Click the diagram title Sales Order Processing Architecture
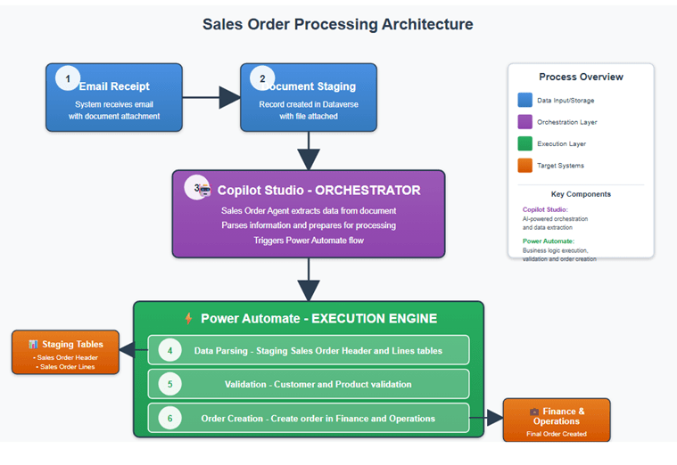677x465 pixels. click(337, 24)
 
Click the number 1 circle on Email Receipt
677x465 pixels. click(68, 78)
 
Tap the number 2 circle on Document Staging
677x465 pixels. click(262, 78)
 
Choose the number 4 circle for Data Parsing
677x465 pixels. click(169, 350)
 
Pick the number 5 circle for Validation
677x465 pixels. click(169, 384)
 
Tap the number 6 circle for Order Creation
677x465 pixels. click(169, 418)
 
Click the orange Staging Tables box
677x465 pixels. click(65, 351)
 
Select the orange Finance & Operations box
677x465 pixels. click(557, 419)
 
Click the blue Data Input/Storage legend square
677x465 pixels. click(524, 101)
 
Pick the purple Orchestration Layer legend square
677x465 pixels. click(524, 122)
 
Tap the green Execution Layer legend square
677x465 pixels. click(524, 143)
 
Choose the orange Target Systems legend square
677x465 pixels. click(524, 165)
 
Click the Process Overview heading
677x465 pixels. click(581, 77)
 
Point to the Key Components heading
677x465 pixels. click(581, 194)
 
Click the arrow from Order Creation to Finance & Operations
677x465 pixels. click(487, 418)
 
